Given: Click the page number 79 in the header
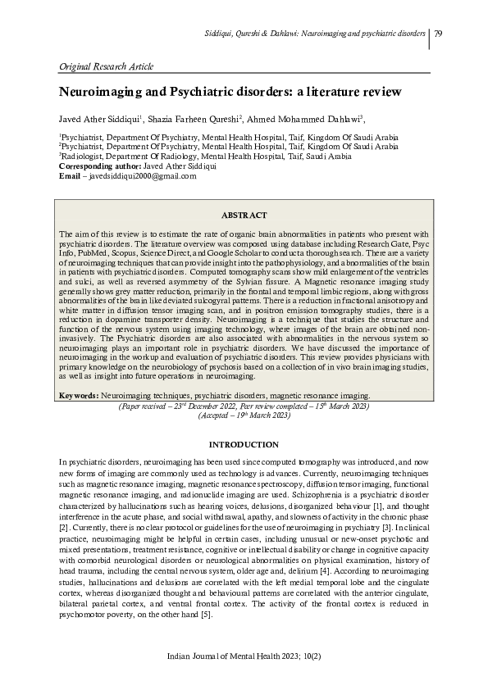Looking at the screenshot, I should [x=439, y=33].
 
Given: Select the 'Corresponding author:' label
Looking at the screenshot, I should [x=107, y=166].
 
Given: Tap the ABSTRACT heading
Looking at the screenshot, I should [x=244, y=215].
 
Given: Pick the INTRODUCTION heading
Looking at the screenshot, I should [x=244, y=444].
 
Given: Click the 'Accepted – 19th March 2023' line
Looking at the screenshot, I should [x=244, y=415].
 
